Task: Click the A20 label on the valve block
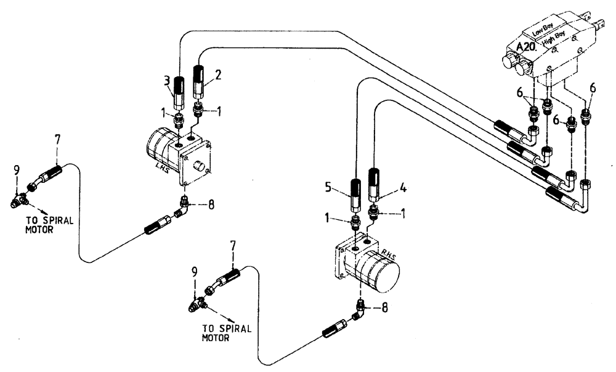point(527,47)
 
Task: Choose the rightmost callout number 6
point(593,89)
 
